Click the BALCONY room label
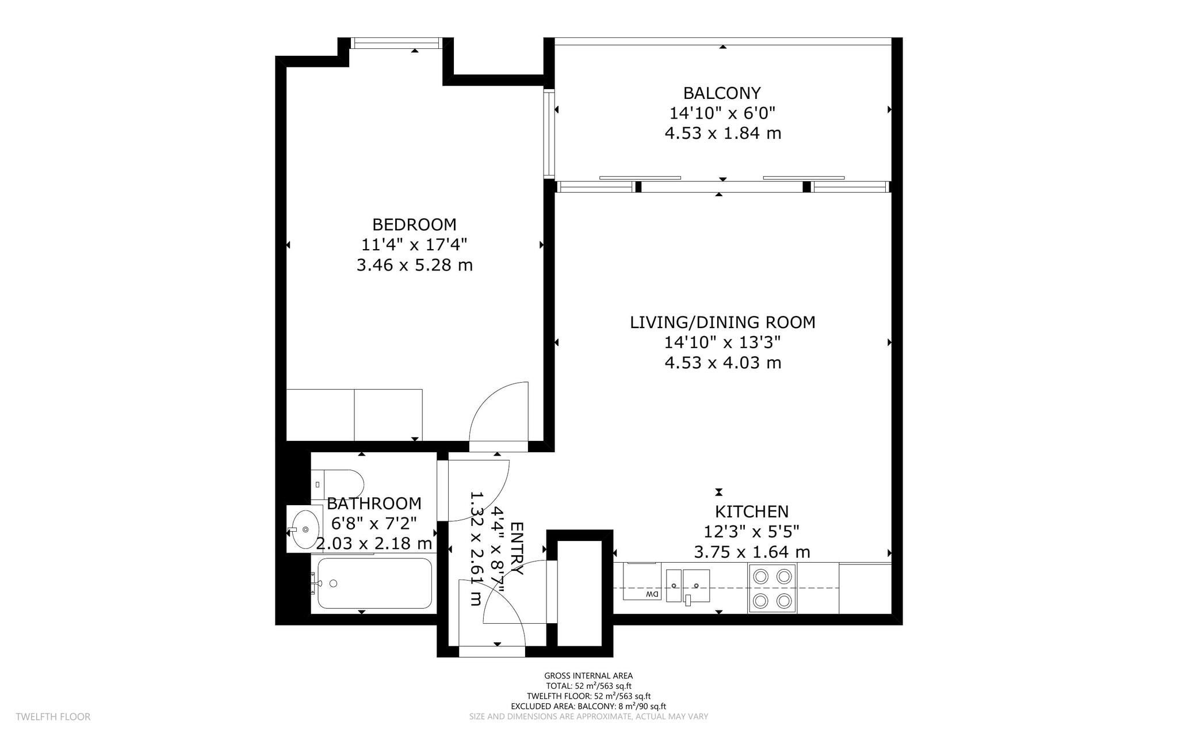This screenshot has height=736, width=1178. coord(722,93)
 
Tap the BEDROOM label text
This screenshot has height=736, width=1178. coord(414,224)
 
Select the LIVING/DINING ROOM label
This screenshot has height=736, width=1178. coord(722,322)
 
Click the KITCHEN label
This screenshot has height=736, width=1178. coord(751,511)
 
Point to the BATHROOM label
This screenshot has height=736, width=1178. coord(374,504)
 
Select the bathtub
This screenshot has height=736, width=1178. coord(374,584)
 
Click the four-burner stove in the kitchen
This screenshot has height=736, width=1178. coord(772,588)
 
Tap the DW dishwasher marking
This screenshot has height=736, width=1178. coord(652,594)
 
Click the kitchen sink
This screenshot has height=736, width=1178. coord(688,585)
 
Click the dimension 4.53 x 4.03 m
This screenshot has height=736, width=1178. coord(722,363)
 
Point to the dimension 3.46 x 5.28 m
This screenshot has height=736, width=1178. coord(414,265)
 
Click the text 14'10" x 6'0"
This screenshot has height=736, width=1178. coord(722,113)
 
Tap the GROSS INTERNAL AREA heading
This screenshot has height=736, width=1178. coord(588,676)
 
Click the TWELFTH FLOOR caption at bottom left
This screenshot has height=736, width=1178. coord(53,717)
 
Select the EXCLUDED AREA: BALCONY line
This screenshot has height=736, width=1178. coord(588,707)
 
